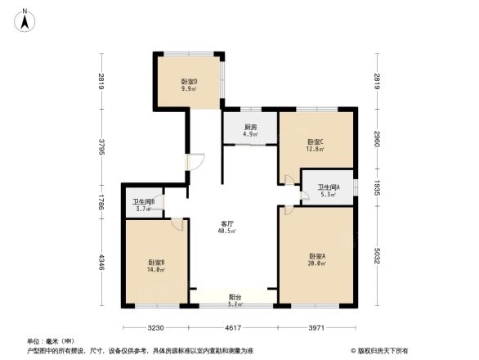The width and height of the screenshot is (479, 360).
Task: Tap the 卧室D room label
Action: pos(190,82)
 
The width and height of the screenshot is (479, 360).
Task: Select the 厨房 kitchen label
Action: pos(251,128)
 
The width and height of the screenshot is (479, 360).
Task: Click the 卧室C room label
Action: pos(316,142)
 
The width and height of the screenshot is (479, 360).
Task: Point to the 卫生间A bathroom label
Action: pos(329,189)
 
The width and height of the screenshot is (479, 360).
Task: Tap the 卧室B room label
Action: pos(156,262)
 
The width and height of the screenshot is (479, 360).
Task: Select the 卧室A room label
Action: pos(317,256)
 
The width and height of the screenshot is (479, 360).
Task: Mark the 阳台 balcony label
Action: pos(234,298)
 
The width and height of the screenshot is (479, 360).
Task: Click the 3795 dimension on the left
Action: pos(102,146)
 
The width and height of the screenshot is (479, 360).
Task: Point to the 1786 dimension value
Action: pos(102,201)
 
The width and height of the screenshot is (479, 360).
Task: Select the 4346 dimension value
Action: pos(102,263)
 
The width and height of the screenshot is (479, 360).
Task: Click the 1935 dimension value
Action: pos(376,187)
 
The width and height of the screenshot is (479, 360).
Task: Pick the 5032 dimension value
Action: pos(376,256)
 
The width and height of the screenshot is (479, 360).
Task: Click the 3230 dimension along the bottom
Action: pos(156,327)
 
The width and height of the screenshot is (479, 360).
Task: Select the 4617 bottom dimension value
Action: pos(234,327)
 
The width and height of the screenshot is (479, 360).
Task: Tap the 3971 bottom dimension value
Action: pos(317,327)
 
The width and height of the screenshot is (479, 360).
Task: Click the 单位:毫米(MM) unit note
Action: pos(50,340)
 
